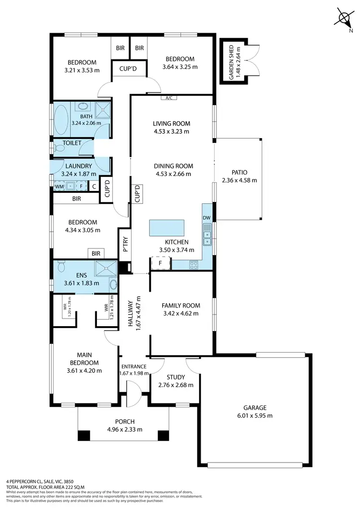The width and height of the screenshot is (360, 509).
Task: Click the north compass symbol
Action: pos(344,18)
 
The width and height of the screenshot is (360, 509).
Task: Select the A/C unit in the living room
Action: pos(168,98)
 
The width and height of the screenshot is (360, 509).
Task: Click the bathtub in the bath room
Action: pos(61,119)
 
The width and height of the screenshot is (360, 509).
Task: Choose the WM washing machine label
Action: pos(59,186)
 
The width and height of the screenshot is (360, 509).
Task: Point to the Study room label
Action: pos(175,377)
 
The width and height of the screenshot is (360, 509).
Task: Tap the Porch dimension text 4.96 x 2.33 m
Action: pos(124,429)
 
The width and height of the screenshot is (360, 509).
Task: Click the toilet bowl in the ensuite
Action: pos(60,266)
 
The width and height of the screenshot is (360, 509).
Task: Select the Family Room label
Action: pos(181,306)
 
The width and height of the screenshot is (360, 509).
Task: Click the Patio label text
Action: pos(239,172)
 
